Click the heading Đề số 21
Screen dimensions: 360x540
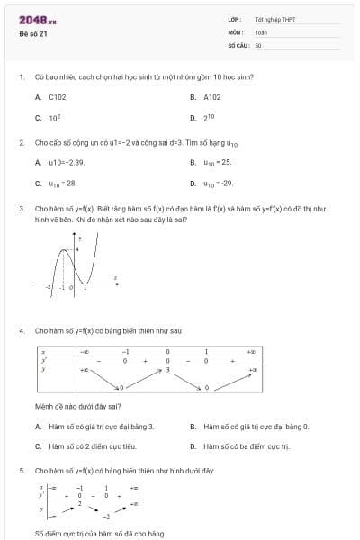33,33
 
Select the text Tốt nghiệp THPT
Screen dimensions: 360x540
275,19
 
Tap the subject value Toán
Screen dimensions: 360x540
261,31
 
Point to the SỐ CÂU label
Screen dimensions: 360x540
237,44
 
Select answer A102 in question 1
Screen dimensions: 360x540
211,96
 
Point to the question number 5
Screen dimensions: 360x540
21,471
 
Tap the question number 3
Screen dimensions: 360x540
21,208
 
